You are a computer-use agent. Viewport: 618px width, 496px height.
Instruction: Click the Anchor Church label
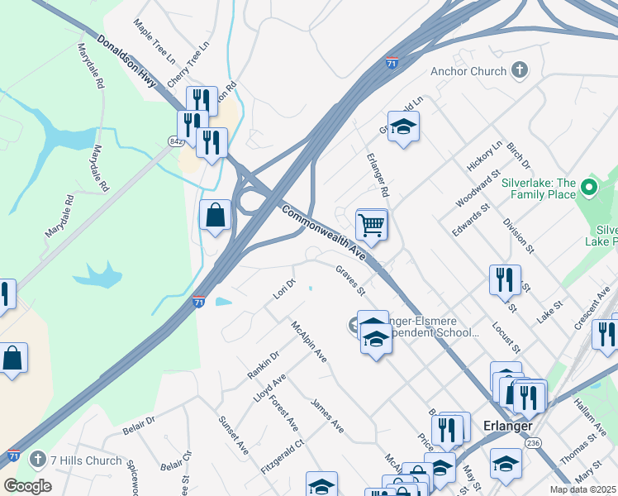tap(468, 72)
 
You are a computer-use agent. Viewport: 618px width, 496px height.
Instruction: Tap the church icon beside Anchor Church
tap(521, 71)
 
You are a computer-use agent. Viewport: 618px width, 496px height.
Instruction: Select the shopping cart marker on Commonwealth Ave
tap(372, 225)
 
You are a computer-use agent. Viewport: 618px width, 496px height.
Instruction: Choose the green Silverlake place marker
tap(589, 188)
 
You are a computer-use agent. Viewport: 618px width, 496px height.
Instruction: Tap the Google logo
tap(27, 486)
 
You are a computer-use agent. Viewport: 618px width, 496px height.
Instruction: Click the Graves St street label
tap(350, 280)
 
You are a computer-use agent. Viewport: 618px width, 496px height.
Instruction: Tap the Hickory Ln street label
tap(484, 155)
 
